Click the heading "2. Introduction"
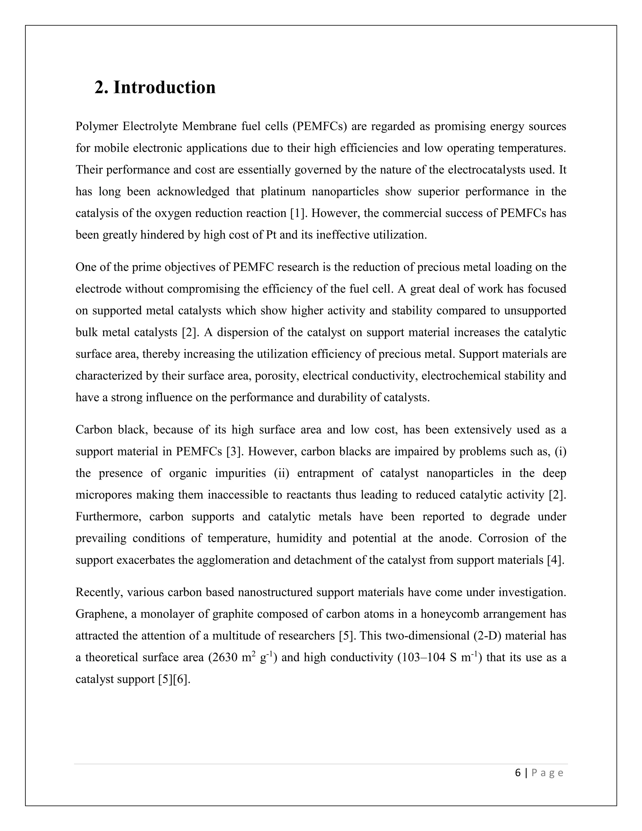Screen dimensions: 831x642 155,87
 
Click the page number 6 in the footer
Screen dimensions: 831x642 518,773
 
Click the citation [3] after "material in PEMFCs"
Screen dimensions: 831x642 233,452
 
